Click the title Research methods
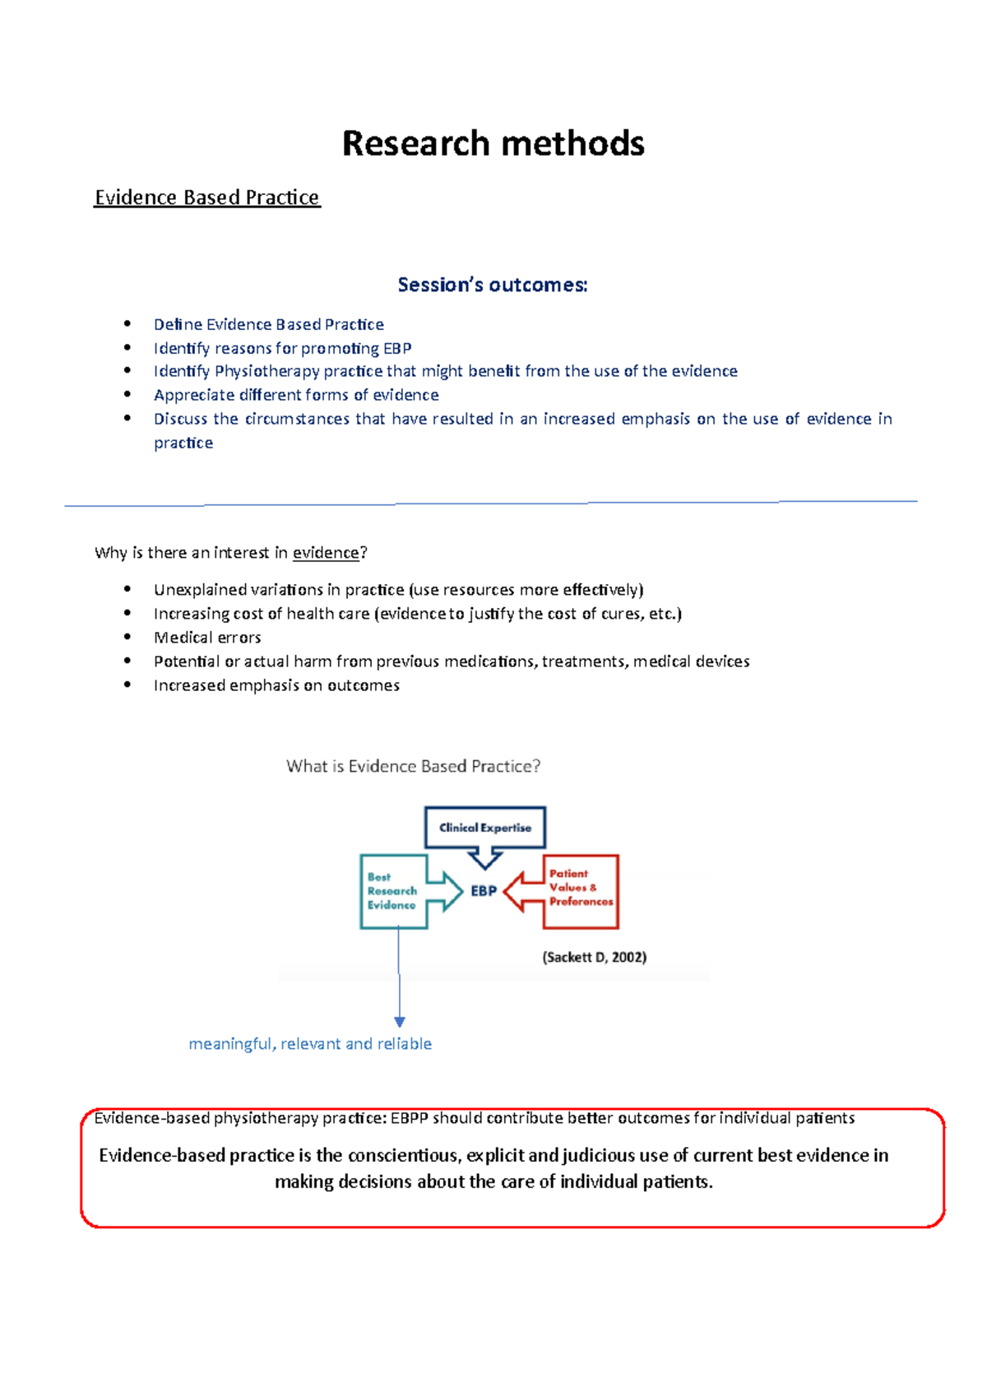[x=493, y=143]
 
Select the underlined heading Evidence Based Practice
[x=206, y=197]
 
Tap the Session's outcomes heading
[x=493, y=285]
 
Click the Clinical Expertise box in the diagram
[x=484, y=828]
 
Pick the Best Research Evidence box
[x=392, y=891]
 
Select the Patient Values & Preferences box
[x=581, y=888]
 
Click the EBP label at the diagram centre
[x=484, y=891]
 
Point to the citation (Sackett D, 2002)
[x=594, y=957]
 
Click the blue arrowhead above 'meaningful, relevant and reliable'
[x=400, y=1022]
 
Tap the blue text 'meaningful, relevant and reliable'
[x=310, y=1044]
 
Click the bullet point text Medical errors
[x=207, y=638]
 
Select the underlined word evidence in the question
[x=326, y=553]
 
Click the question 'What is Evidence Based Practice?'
[x=413, y=766]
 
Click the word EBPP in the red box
[x=410, y=1118]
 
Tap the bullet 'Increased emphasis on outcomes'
[x=276, y=685]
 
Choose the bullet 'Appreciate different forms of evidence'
[x=296, y=395]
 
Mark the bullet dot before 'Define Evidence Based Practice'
[x=127, y=323]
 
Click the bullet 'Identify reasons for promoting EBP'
[x=282, y=348]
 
